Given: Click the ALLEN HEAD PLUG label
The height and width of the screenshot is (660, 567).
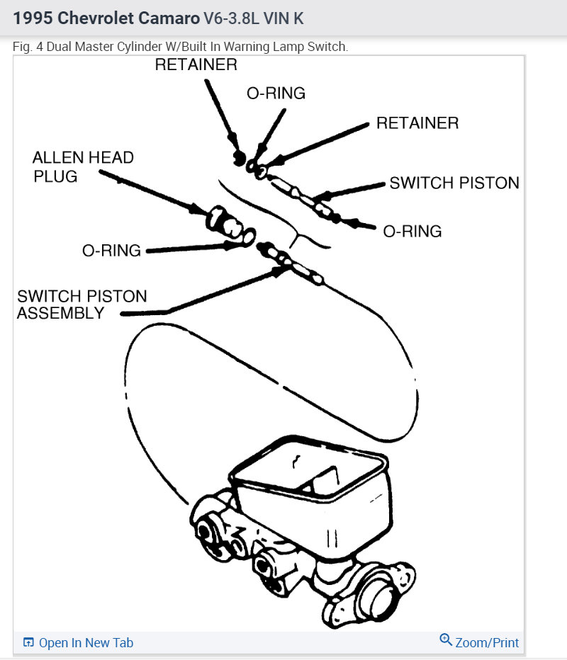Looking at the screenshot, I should tap(82, 166).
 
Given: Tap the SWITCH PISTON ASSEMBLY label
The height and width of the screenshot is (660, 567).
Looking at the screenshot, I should tap(82, 305).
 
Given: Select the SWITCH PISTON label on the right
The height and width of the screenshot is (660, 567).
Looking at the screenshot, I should tap(454, 183).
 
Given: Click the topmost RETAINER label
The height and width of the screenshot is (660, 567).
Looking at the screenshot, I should tap(196, 64).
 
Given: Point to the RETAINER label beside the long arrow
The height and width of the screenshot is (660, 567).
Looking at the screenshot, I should tap(417, 123).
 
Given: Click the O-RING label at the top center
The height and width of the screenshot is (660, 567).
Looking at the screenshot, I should tap(276, 93).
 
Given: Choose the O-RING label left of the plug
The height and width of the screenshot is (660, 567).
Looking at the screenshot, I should tap(111, 251).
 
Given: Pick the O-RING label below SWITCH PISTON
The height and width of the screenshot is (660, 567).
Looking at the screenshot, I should tap(412, 231).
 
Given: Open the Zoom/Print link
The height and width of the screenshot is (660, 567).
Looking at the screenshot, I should tap(487, 642).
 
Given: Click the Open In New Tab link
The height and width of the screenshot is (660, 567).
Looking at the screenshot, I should tap(85, 642).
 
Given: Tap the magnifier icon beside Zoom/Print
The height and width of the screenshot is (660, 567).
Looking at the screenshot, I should tap(446, 640).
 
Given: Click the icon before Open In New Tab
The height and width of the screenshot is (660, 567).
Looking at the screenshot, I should tap(28, 642).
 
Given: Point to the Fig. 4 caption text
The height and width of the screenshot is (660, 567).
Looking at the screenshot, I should tap(180, 46).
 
